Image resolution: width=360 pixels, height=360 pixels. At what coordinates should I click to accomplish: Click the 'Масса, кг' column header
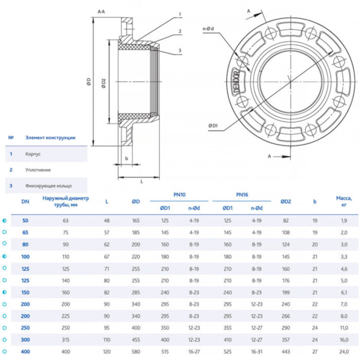click(x=344, y=201)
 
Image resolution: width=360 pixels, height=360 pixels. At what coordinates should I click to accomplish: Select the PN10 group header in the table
click(x=179, y=195)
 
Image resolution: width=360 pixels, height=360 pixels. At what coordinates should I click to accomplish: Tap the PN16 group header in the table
click(x=242, y=195)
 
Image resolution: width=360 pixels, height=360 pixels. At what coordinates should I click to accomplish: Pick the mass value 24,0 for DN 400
click(x=344, y=351)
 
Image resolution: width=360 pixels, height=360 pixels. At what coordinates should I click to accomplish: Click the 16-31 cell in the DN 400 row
click(x=257, y=351)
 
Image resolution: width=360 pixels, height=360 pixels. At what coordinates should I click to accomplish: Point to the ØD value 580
click(x=136, y=351)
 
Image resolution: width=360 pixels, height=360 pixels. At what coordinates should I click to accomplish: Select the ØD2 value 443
click(x=286, y=351)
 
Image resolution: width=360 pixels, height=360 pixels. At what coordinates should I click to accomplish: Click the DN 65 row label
click(x=25, y=232)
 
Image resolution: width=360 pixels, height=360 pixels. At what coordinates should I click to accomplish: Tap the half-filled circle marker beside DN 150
click(x=5, y=292)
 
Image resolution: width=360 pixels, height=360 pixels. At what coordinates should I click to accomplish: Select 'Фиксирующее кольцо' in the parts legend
click(x=49, y=185)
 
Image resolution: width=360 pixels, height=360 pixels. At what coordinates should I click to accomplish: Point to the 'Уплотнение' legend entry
click(x=38, y=169)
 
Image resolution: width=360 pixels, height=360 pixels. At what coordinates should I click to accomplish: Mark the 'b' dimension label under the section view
click(x=126, y=158)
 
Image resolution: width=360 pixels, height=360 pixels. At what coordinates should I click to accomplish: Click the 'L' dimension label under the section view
click(x=141, y=181)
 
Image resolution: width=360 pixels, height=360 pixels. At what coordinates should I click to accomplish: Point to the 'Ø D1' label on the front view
click(x=213, y=125)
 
